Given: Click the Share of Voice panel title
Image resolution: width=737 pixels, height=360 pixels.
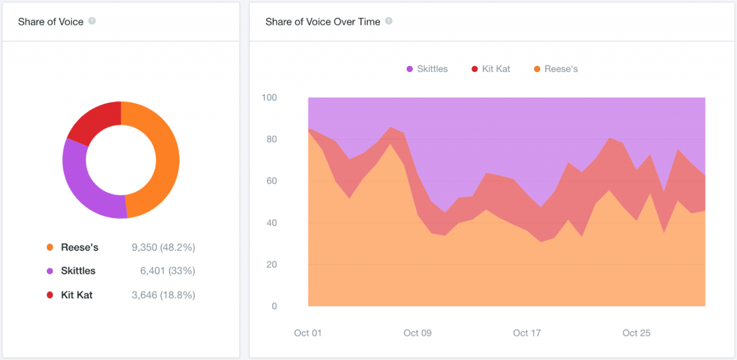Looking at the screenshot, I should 50,22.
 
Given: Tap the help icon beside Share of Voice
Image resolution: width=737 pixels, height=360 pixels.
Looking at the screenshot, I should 92,21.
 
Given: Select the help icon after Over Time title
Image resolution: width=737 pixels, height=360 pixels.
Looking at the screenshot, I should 389,21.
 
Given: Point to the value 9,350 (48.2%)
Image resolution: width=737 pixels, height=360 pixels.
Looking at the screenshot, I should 163,248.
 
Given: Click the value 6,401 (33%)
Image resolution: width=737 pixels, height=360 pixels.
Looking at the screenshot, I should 168,271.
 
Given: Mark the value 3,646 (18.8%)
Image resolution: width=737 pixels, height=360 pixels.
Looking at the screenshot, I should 163,295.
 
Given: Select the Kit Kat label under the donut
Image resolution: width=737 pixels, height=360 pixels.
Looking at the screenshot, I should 76,295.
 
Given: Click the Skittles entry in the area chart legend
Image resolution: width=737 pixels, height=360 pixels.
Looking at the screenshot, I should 427,69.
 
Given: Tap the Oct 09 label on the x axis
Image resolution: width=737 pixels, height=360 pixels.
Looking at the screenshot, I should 417,333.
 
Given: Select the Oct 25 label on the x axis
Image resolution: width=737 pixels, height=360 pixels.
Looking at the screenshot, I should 636,333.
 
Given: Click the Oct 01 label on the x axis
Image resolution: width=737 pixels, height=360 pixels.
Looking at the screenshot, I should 308,333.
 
